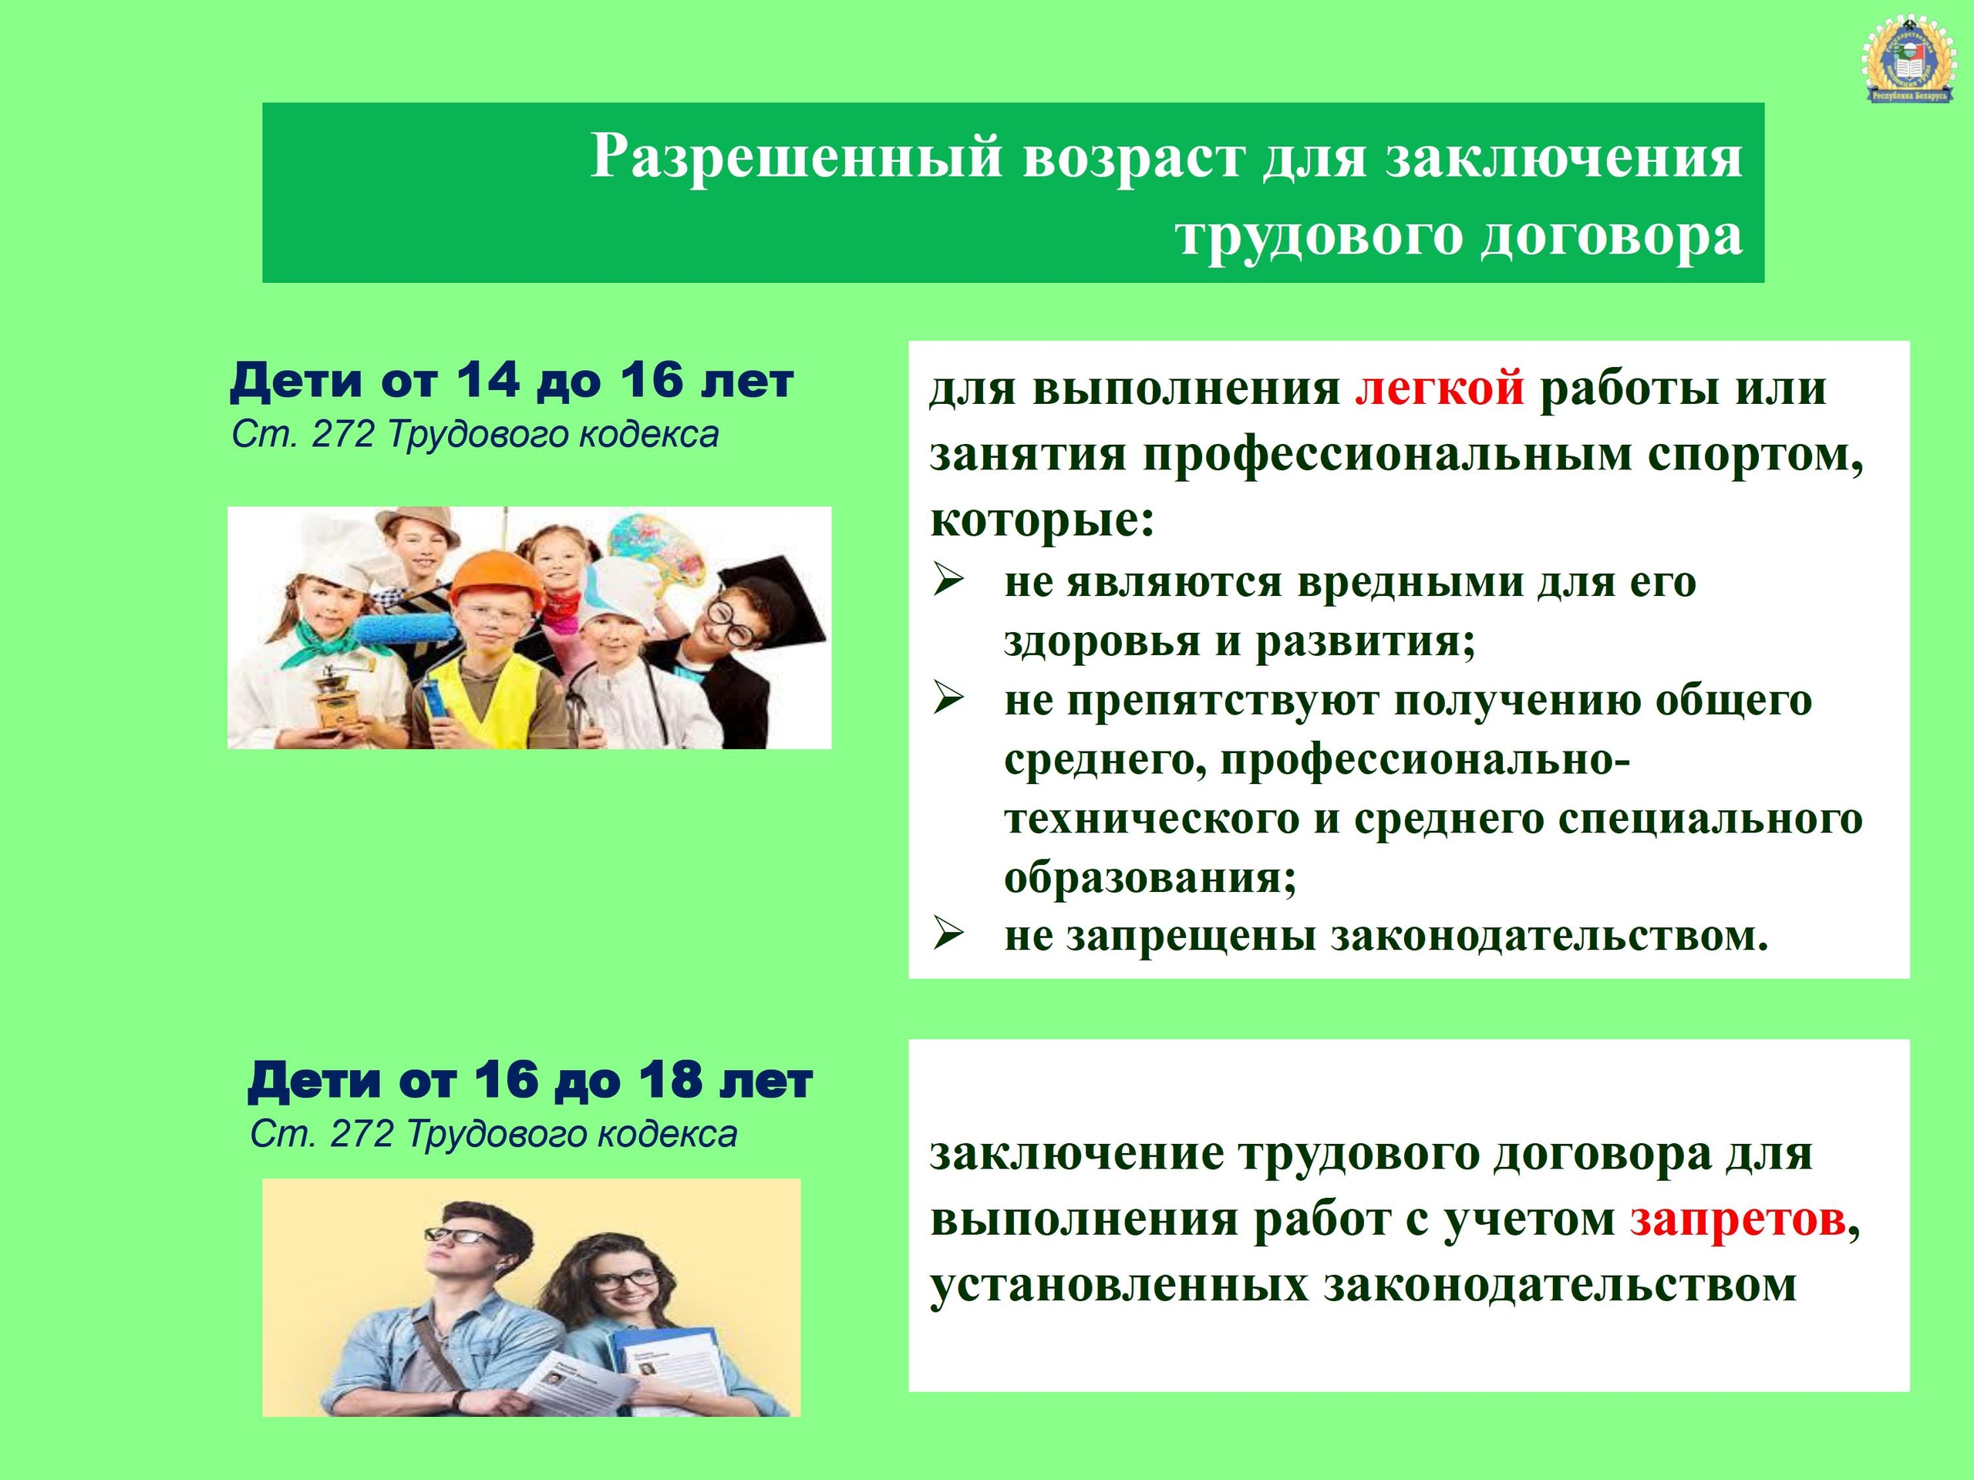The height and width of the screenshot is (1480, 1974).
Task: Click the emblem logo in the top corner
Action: point(1911,62)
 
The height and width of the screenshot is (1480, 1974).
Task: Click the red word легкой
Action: point(1440,389)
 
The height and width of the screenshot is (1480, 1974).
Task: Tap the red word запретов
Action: point(1737,1219)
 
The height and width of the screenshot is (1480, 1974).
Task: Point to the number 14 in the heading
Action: point(488,380)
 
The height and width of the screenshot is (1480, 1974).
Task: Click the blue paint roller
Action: point(402,631)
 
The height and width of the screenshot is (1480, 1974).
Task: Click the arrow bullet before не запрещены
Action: point(948,935)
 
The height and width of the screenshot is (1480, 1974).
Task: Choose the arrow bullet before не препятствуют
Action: point(948,699)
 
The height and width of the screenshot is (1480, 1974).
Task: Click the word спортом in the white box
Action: point(1757,456)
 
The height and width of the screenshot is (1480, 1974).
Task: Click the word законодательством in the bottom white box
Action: point(1560,1286)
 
